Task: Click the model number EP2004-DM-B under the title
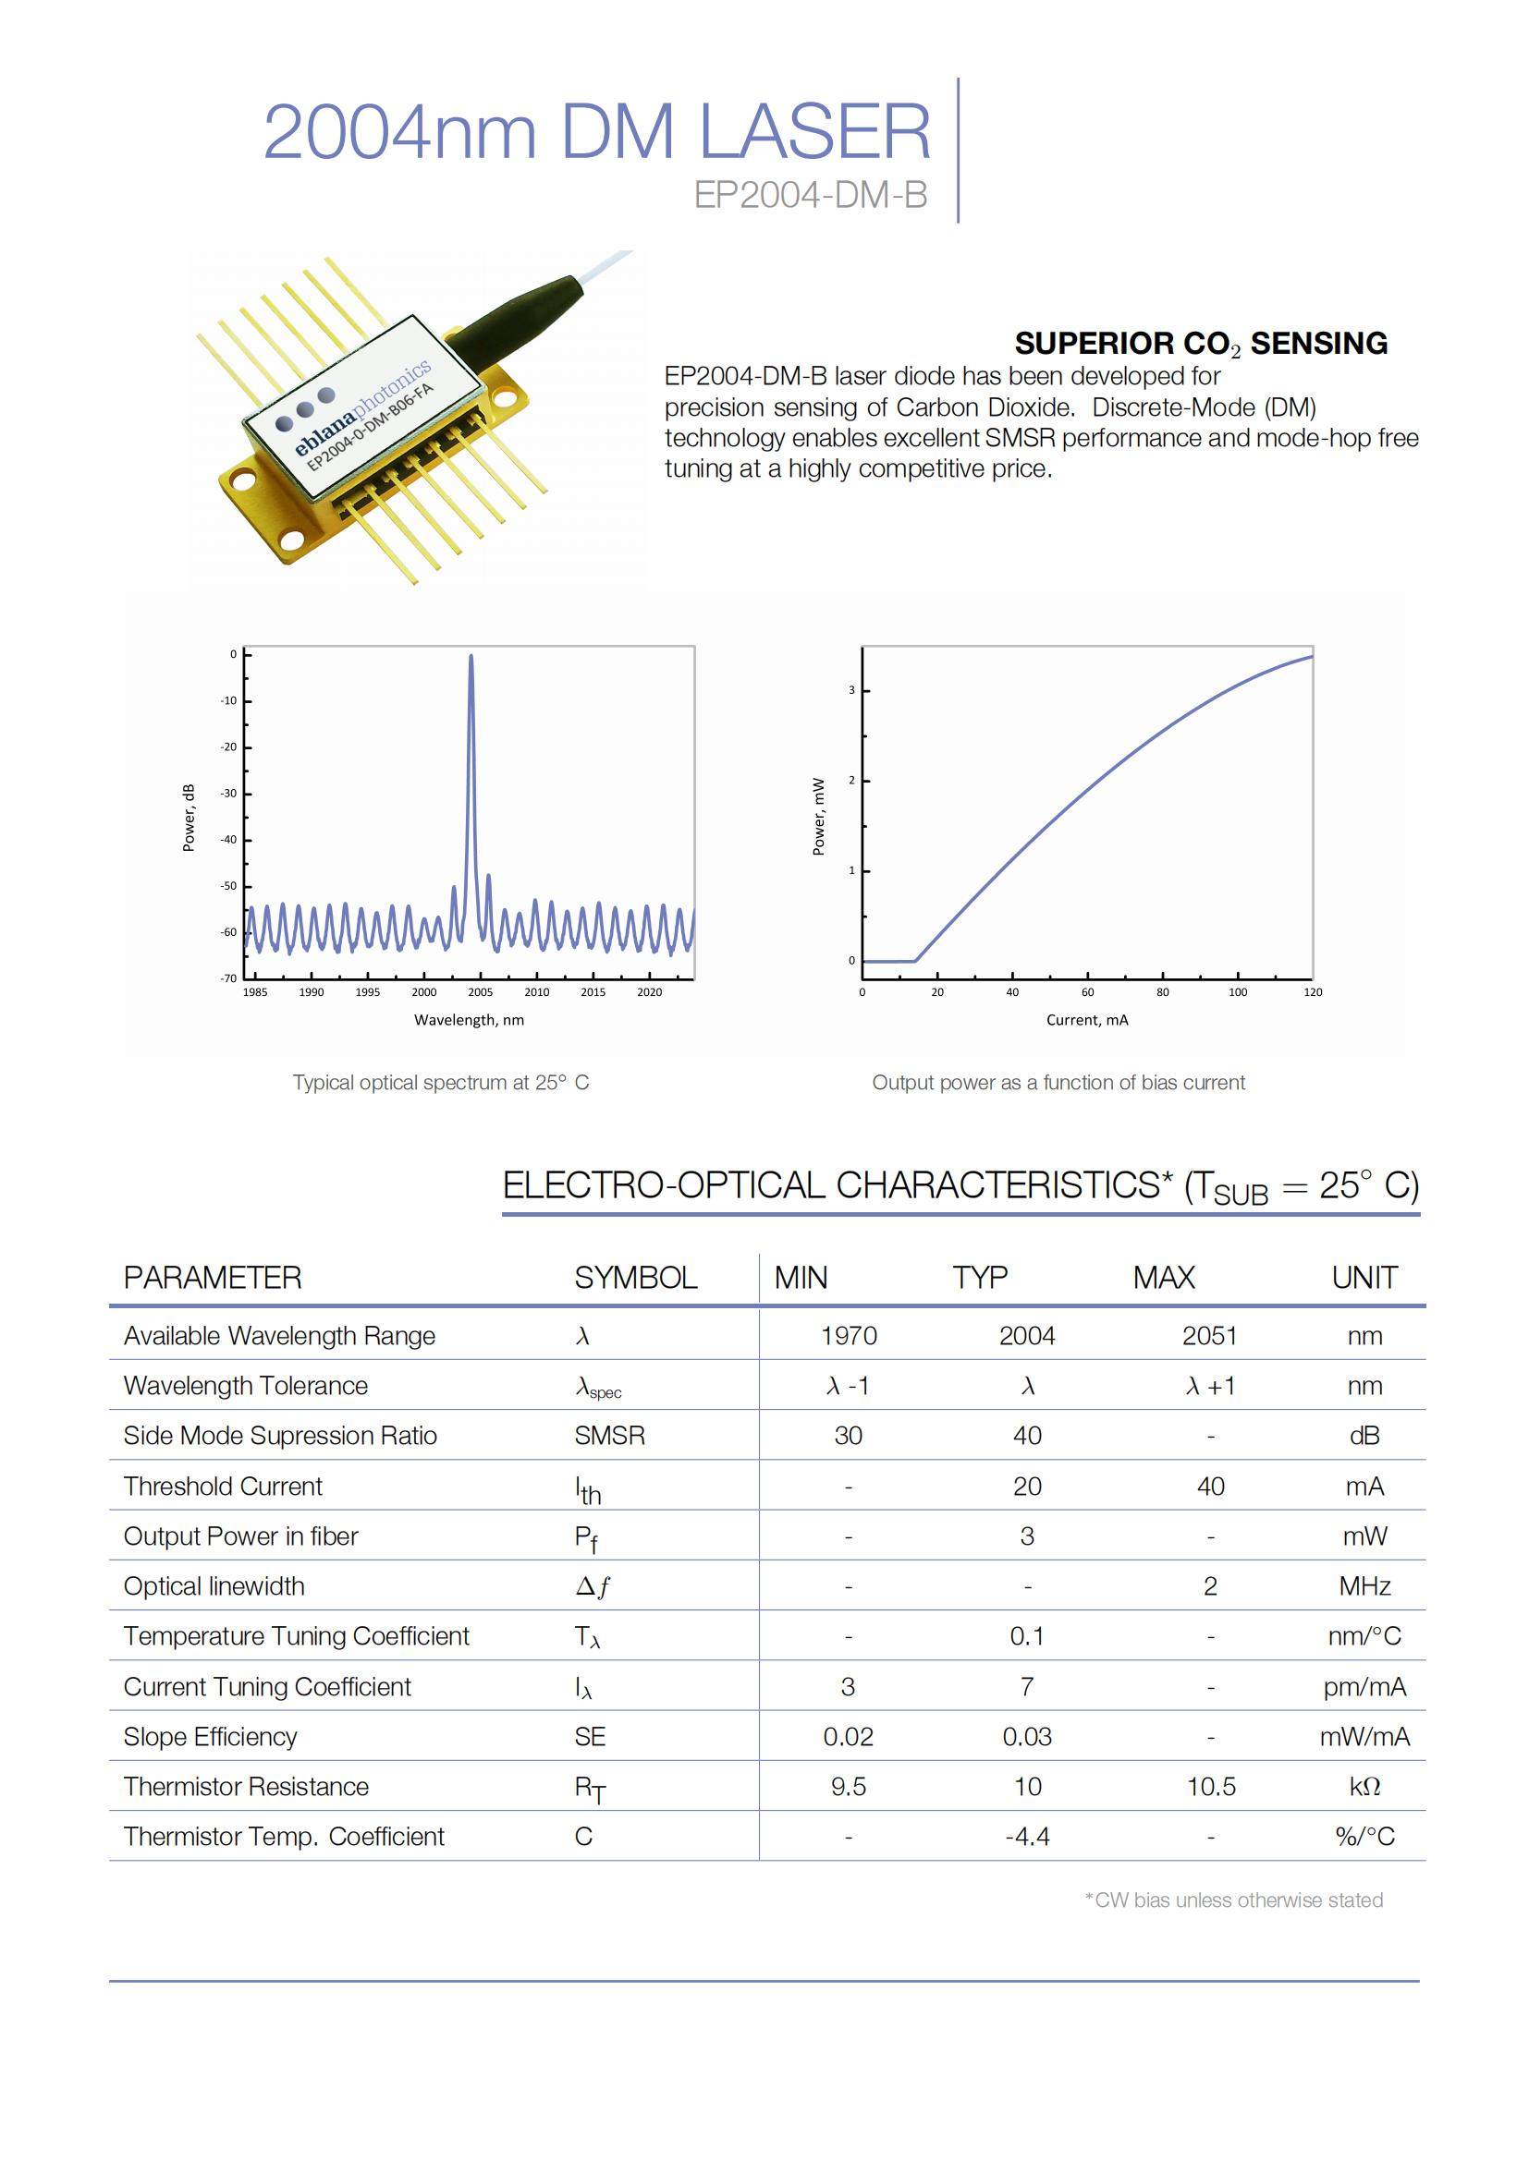click(811, 195)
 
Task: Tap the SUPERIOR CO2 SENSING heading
click(1201, 344)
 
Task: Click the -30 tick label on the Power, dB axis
click(228, 794)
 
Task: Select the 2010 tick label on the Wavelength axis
click(537, 992)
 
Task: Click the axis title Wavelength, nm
click(469, 1019)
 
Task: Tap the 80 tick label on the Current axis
click(1163, 992)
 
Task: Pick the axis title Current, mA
click(1086, 1019)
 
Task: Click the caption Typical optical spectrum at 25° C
click(441, 1083)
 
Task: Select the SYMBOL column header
click(635, 1277)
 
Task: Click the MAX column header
click(1164, 1277)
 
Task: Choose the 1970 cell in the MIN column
click(849, 1336)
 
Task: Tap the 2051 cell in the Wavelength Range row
click(1210, 1336)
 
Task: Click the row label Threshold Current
click(222, 1487)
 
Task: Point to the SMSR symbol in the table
click(609, 1436)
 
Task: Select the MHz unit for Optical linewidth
click(1364, 1586)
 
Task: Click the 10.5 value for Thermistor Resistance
click(1211, 1787)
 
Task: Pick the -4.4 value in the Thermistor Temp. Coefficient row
click(1026, 1837)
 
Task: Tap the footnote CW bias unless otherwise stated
click(1234, 1900)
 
